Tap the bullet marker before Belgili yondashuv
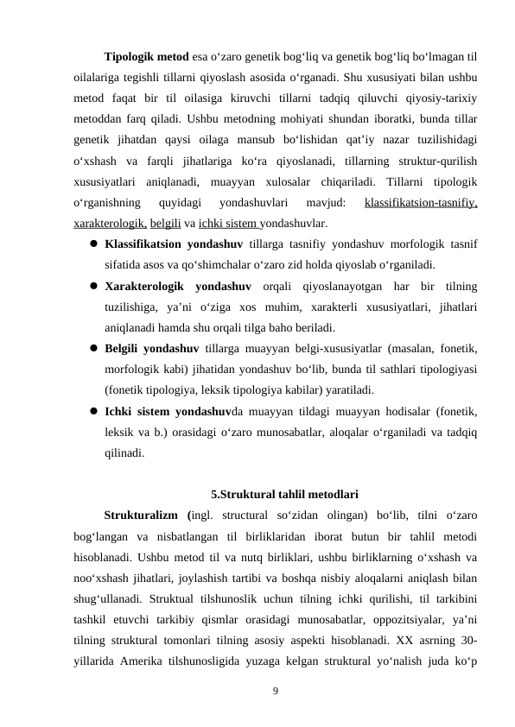pos(91,348)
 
